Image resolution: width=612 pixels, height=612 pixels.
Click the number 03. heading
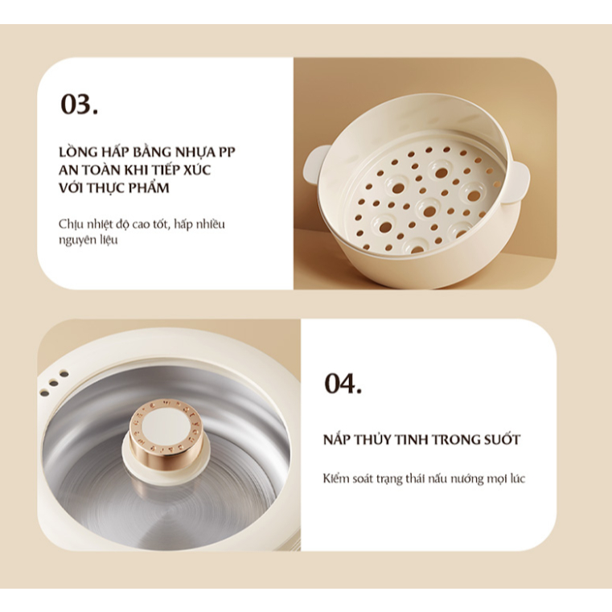tap(80, 105)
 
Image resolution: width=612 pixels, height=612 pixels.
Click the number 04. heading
tap(343, 384)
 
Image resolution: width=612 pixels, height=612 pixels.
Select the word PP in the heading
tap(227, 152)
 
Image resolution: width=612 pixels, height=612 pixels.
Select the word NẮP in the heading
tap(337, 439)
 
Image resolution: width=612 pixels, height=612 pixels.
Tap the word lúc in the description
tap(518, 479)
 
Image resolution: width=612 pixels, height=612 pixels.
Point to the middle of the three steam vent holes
tap(54, 384)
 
